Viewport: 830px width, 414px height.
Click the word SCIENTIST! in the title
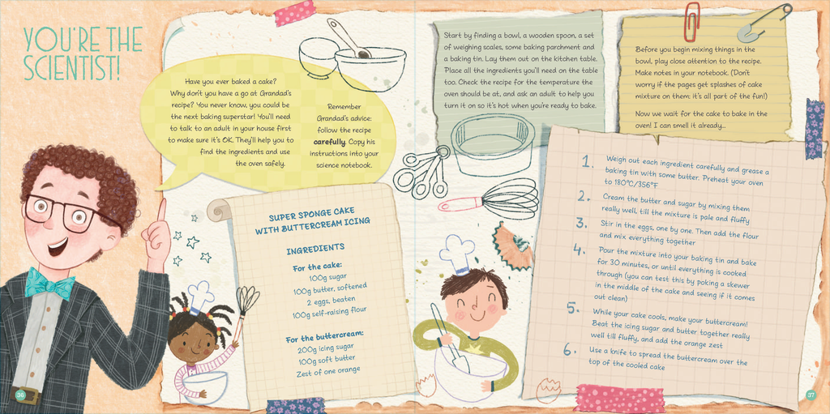72,67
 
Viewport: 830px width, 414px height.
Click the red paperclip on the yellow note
691,21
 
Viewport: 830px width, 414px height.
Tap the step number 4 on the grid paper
579,250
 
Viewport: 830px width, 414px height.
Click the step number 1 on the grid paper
588,161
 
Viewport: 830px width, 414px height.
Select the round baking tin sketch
492,144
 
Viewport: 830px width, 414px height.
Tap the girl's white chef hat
201,296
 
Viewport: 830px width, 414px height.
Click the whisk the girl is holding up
246,301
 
